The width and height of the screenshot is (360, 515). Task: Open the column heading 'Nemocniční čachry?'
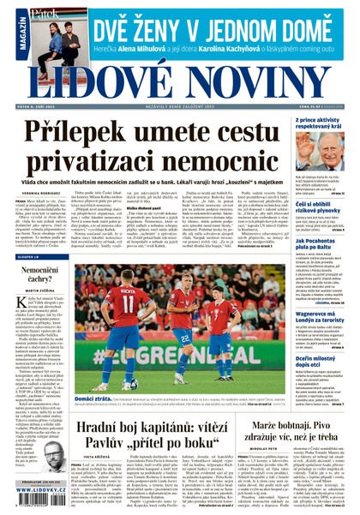(39, 273)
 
